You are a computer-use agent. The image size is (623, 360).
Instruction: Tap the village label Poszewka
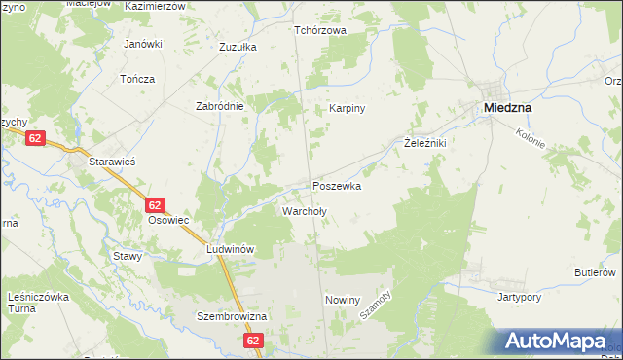tap(337, 185)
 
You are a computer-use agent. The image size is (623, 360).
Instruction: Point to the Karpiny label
tap(347, 109)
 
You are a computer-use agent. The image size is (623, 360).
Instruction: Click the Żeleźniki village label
tap(424, 143)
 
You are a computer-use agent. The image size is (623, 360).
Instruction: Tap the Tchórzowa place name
tap(320, 30)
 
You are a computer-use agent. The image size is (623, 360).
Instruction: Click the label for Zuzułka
tap(238, 46)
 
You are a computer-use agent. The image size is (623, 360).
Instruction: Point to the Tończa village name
tap(137, 78)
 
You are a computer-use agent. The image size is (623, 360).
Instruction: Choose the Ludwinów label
tap(231, 249)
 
